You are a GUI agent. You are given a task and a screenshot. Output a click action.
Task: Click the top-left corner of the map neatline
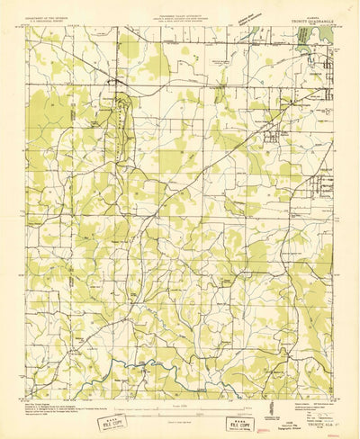click(24, 26)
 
